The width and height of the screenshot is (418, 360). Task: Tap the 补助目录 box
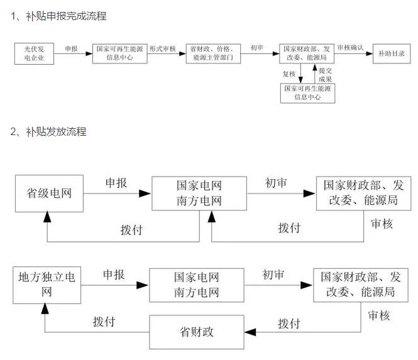click(391, 55)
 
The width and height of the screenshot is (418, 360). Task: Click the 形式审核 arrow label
click(162, 48)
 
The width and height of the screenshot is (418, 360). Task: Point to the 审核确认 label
click(349, 48)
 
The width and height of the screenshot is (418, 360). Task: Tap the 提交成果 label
click(325, 75)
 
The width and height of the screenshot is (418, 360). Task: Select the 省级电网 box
click(49, 193)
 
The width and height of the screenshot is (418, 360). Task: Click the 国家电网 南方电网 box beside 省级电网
click(199, 193)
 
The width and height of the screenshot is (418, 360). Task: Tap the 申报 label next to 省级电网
click(116, 183)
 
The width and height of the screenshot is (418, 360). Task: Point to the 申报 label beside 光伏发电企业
click(71, 48)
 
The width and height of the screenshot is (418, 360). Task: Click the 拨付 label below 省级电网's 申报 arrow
click(131, 229)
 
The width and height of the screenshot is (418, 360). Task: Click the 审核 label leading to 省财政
click(379, 315)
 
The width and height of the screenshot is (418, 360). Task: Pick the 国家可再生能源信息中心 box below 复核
click(308, 93)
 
